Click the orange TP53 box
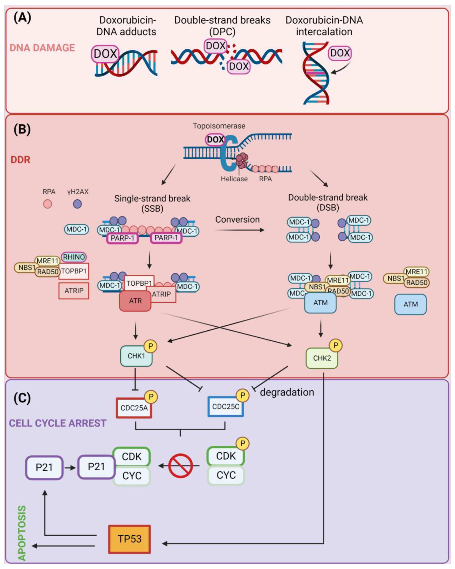click(x=129, y=539)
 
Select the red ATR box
click(x=135, y=301)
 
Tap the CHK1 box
click(x=136, y=356)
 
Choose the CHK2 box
click(x=321, y=358)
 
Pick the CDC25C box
click(x=225, y=406)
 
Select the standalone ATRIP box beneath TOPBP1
click(x=74, y=291)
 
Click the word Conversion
click(x=237, y=220)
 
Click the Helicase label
click(x=234, y=179)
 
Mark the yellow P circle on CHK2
click(x=336, y=345)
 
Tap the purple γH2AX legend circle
click(x=77, y=204)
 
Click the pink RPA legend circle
click(x=48, y=204)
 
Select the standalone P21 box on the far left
click(x=44, y=467)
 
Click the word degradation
click(x=287, y=392)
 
